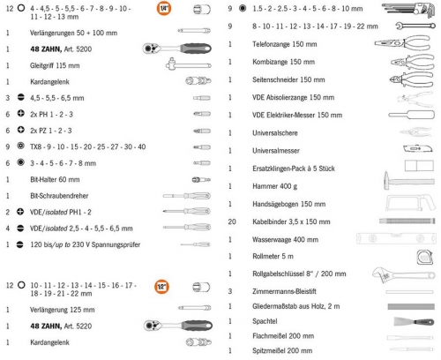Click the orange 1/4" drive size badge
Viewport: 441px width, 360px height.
point(164,8)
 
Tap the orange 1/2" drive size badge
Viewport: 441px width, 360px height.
point(161,286)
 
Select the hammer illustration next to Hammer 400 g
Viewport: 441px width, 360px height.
point(409,181)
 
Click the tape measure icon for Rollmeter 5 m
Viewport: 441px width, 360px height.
point(425,257)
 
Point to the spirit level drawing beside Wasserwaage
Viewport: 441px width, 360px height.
point(395,238)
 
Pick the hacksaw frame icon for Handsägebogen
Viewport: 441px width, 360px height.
point(410,203)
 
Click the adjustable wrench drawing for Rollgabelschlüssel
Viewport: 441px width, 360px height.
point(403,275)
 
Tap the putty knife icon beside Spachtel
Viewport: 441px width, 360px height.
point(414,321)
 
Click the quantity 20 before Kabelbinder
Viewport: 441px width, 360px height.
point(232,221)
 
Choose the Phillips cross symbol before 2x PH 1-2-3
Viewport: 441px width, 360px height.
point(21,113)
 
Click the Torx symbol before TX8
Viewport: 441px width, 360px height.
point(20,146)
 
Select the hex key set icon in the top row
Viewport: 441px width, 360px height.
point(408,10)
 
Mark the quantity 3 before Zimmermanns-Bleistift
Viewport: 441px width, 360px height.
point(230,291)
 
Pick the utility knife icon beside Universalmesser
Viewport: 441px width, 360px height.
point(418,149)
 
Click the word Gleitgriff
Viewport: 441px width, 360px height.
point(41,65)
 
